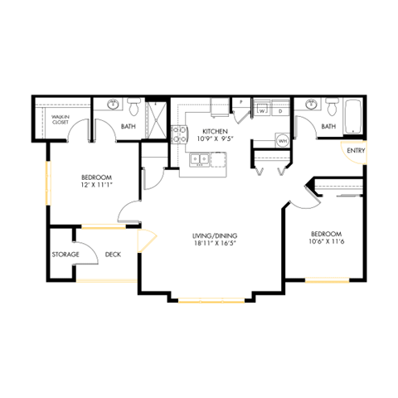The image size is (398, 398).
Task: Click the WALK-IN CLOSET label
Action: [60, 120]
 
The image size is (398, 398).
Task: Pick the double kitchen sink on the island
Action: [200, 158]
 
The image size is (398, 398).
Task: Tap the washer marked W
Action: [261, 109]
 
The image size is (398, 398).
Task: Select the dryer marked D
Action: [280, 109]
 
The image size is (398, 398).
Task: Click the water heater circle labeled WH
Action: [282, 139]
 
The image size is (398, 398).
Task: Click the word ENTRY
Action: [356, 150]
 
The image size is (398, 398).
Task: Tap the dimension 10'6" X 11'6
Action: [326, 243]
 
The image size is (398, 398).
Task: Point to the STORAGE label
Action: [65, 254]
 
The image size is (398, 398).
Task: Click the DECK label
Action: [114, 254]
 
